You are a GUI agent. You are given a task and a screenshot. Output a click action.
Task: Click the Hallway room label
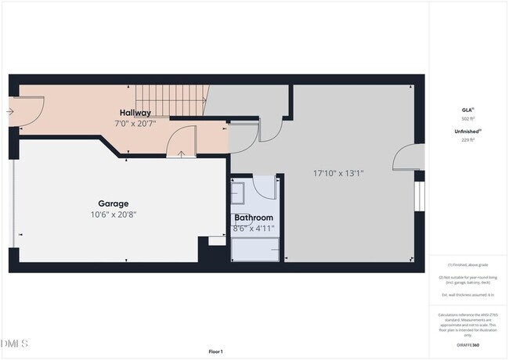pyautogui.click(x=135, y=113)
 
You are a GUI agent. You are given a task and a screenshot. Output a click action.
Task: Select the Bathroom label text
pyautogui.click(x=253, y=218)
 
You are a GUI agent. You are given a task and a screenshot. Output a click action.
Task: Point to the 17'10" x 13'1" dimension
pyautogui.click(x=338, y=174)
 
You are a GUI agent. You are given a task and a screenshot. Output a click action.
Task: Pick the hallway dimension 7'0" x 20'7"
pyautogui.click(x=135, y=124)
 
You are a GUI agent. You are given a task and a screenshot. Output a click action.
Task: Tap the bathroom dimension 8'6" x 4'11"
pyautogui.click(x=253, y=228)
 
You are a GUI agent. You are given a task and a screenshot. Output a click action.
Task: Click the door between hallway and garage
pyautogui.click(x=182, y=142)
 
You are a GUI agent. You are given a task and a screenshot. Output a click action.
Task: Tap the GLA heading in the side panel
pyautogui.click(x=467, y=110)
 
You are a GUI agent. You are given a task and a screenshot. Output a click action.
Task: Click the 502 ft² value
pyautogui.click(x=467, y=119)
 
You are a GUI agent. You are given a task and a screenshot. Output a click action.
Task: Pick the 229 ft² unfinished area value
pyautogui.click(x=467, y=140)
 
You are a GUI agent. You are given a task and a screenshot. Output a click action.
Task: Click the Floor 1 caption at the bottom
pyautogui.click(x=215, y=351)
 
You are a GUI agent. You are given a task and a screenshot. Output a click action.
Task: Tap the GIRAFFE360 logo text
pyautogui.click(x=467, y=344)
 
